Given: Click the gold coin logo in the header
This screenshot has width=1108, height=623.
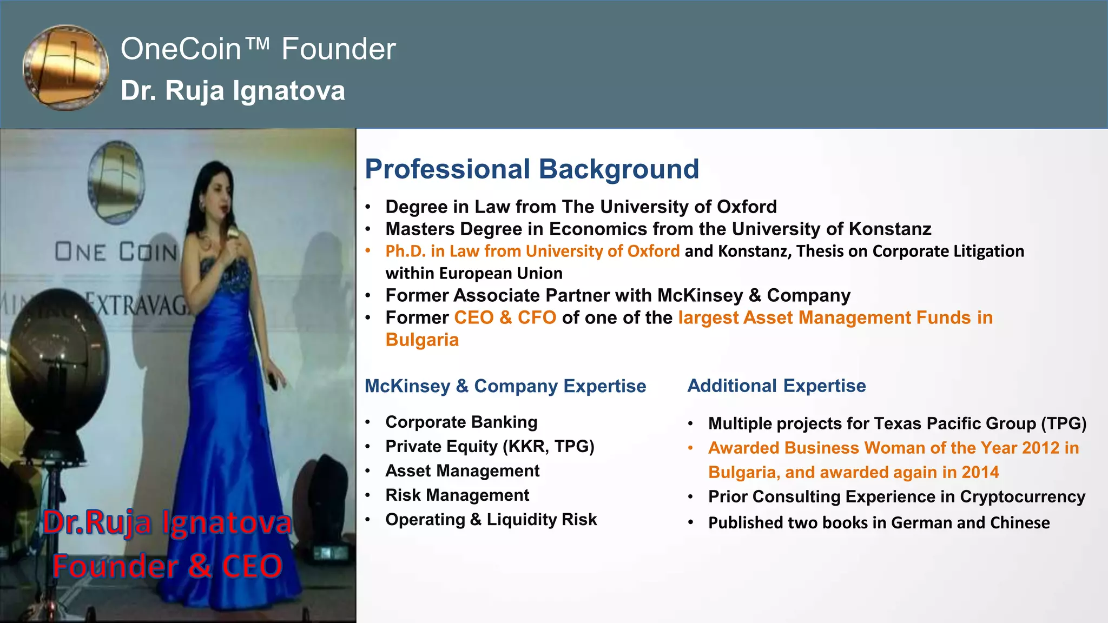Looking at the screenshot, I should pyautogui.click(x=65, y=67).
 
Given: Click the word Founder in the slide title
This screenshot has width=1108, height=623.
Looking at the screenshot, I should pyautogui.click(x=339, y=49).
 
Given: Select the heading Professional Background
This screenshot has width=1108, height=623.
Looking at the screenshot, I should pyautogui.click(x=532, y=169).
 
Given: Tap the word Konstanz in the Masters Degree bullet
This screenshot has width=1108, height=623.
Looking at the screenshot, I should pyautogui.click(x=890, y=229).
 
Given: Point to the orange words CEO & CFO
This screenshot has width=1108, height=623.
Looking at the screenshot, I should pyautogui.click(x=505, y=317).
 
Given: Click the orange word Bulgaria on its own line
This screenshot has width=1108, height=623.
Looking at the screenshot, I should pyautogui.click(x=422, y=340).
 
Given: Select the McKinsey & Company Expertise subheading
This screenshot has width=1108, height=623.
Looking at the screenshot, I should pyautogui.click(x=505, y=386).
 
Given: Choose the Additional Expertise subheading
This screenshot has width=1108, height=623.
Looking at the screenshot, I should pyautogui.click(x=776, y=386).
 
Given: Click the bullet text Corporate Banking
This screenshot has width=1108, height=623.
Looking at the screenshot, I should pyautogui.click(x=461, y=422).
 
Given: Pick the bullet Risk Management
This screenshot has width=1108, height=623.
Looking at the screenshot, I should pyautogui.click(x=457, y=495).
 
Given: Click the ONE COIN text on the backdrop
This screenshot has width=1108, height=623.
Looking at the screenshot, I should pyautogui.click(x=116, y=252).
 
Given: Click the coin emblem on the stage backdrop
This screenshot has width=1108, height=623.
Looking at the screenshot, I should pyautogui.click(x=116, y=182).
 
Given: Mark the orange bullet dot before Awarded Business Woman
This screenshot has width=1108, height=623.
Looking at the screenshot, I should pyautogui.click(x=691, y=448).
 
